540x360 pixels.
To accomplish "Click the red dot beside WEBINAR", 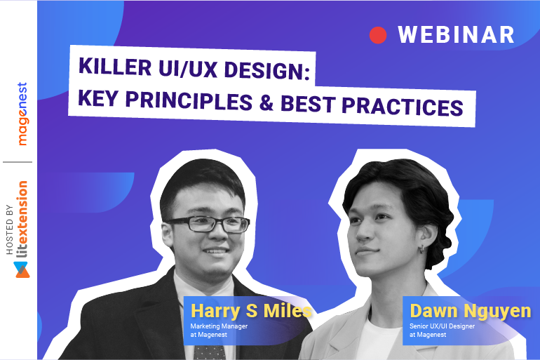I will pyautogui.click(x=378, y=35).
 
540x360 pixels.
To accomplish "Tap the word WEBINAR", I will pyautogui.click(x=456, y=34).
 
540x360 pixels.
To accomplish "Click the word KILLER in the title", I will pyautogui.click(x=112, y=69).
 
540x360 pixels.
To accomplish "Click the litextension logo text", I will pyautogui.click(x=22, y=220).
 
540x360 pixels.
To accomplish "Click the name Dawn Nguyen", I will pyautogui.click(x=471, y=311).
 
